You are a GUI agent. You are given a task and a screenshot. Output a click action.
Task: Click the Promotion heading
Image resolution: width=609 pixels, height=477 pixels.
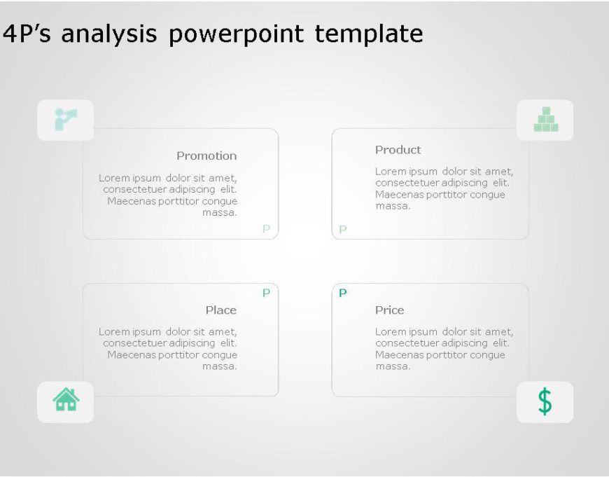206,155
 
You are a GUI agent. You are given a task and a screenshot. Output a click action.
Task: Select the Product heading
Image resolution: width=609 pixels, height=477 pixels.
398,149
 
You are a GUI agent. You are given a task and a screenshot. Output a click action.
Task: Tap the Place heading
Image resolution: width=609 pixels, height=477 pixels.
220,310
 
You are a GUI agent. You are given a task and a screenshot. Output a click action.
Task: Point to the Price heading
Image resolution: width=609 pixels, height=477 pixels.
389,310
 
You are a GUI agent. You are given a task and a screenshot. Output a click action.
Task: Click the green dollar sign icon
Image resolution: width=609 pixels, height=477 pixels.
545,401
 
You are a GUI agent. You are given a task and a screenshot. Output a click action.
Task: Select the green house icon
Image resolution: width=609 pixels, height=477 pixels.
66,399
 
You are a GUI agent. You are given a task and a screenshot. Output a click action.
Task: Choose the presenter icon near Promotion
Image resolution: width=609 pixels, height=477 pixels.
65,119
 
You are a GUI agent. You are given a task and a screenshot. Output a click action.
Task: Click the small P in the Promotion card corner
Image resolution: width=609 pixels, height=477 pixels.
266,228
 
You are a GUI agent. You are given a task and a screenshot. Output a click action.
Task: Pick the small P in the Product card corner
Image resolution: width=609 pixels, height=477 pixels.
342,229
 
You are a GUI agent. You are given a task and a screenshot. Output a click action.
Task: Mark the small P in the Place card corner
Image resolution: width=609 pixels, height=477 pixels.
266,293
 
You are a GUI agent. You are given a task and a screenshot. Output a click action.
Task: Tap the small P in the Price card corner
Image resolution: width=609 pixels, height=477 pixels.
342,293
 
